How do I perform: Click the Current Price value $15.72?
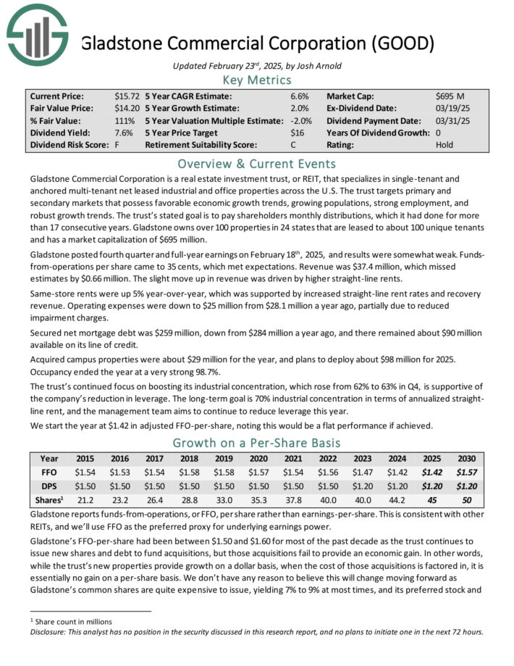[x=127, y=96]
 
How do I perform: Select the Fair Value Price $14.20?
[x=127, y=108]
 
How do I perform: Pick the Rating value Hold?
[x=445, y=145]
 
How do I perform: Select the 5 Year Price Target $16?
[x=298, y=133]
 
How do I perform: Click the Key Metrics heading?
[x=256, y=80]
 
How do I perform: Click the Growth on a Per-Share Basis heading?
[x=256, y=443]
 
